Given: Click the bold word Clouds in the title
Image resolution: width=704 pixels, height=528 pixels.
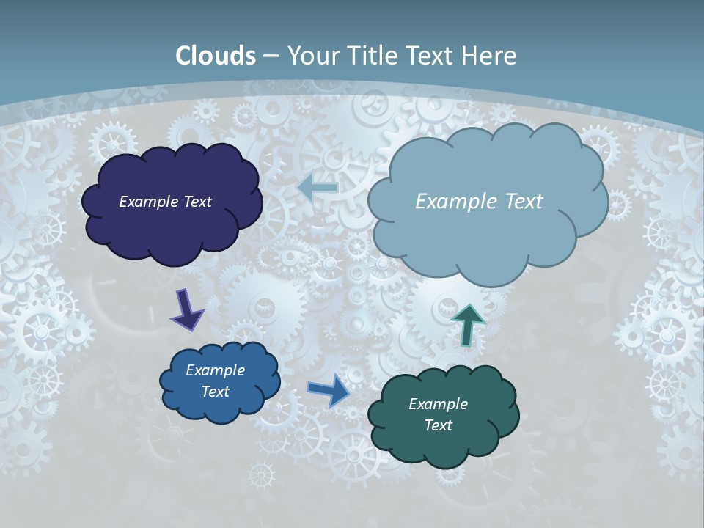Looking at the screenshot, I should click(x=216, y=56).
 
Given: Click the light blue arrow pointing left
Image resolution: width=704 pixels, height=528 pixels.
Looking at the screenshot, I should click(x=318, y=187).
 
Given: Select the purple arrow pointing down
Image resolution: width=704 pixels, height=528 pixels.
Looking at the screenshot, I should click(x=186, y=309).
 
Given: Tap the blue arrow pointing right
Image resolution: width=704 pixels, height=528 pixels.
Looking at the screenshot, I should click(x=329, y=390).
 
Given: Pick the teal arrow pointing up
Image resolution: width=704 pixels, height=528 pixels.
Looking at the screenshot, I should click(x=467, y=324).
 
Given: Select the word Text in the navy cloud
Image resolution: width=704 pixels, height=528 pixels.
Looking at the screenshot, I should click(x=197, y=202).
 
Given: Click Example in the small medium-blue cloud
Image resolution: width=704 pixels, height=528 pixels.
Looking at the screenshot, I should click(x=215, y=370).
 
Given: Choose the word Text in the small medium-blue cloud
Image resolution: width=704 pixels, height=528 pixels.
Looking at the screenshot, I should click(x=215, y=392).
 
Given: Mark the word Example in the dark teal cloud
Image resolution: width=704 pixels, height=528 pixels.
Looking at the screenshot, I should click(x=438, y=404).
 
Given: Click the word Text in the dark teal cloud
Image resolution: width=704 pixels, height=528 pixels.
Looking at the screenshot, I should click(x=438, y=425).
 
